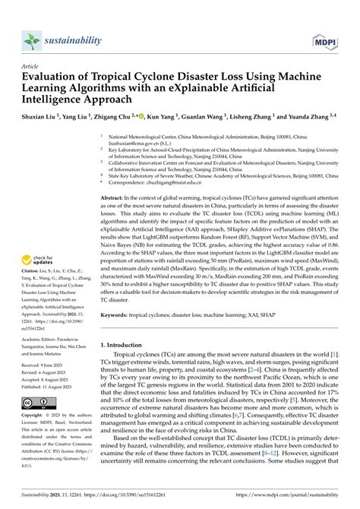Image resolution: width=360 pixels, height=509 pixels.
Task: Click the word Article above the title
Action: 30,67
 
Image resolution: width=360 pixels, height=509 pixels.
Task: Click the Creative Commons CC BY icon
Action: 37,402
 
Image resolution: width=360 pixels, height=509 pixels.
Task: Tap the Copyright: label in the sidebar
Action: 34,417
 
